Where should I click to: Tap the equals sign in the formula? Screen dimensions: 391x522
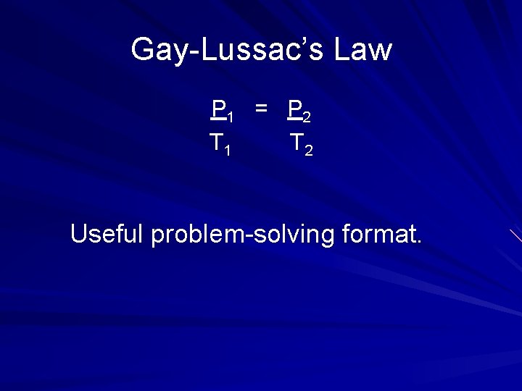(x=261, y=109)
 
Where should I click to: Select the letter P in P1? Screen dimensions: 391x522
(x=217, y=109)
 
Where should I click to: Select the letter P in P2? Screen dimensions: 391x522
(x=294, y=109)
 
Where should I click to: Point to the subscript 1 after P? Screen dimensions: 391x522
(x=229, y=116)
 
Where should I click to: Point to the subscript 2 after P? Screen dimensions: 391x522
(x=307, y=116)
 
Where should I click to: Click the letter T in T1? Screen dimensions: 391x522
(x=216, y=142)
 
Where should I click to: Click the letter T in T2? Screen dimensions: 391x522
(x=296, y=142)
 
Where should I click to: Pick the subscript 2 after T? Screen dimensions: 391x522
(x=309, y=150)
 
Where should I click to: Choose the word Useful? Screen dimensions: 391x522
(x=107, y=234)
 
